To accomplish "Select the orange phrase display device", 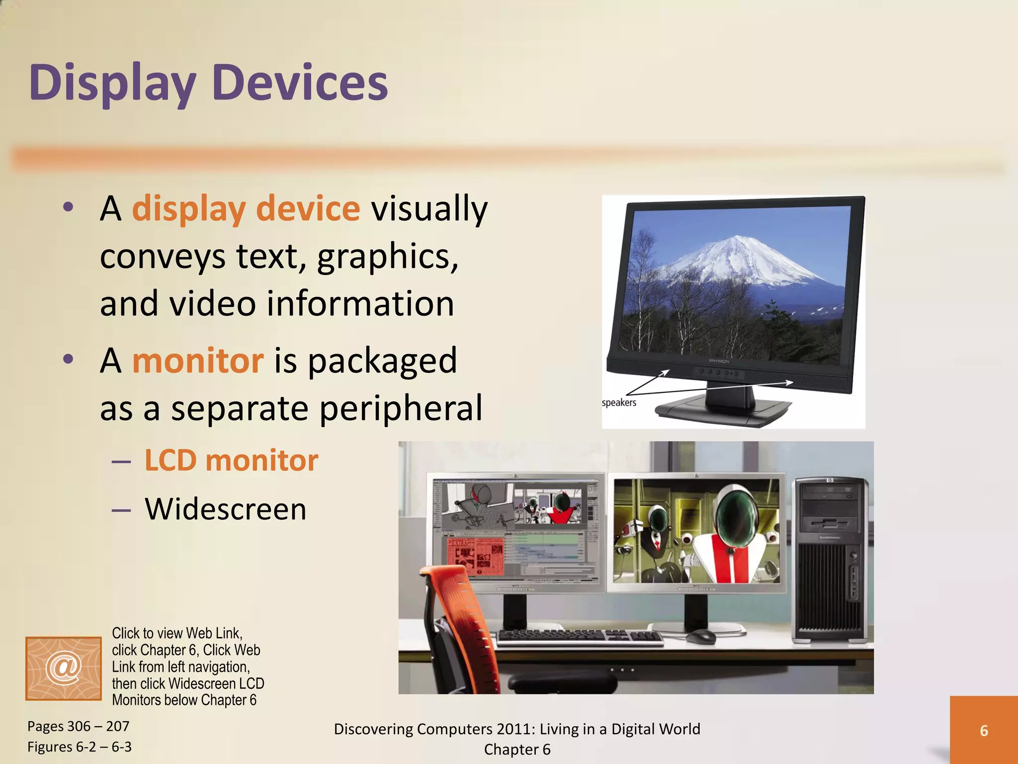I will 246,208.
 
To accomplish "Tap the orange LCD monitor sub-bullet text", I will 231,460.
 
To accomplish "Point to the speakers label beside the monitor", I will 619,402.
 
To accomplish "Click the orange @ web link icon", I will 64,668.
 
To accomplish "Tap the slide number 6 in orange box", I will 983,730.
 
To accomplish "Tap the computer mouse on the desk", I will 701,636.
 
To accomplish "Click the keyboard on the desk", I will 579,637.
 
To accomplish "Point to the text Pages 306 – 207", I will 78,726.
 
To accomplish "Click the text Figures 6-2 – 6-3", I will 79,747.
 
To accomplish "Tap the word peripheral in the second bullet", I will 401,408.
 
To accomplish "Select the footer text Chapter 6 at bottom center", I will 517,749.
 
